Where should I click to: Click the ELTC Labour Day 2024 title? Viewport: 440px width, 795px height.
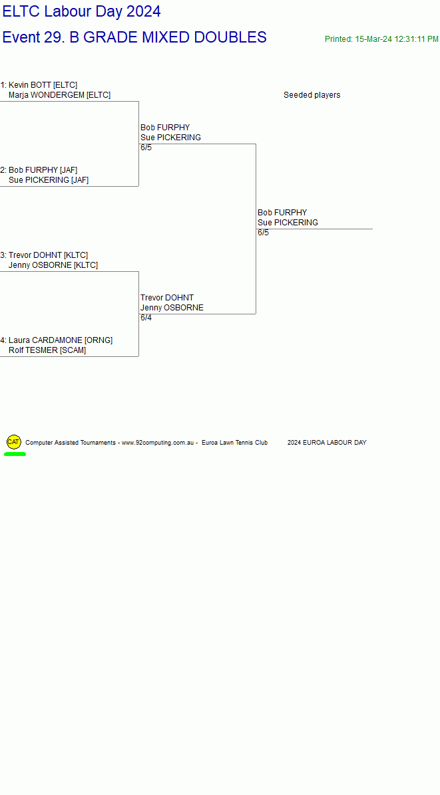pos(82,11)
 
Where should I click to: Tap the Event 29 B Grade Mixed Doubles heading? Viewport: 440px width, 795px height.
pos(134,37)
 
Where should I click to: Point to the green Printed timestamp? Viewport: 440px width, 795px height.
pos(381,39)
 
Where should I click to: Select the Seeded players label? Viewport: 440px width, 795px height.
pos(312,95)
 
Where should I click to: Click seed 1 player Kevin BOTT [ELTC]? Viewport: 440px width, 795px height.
pos(39,84)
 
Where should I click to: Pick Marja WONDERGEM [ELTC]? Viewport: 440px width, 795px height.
pos(59,95)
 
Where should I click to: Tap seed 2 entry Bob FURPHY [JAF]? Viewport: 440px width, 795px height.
pos(39,170)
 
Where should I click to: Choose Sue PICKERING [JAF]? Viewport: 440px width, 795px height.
pos(48,180)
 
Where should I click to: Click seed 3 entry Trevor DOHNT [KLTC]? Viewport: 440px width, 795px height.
pos(44,255)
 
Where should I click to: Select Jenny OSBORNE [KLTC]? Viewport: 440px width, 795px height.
pos(53,265)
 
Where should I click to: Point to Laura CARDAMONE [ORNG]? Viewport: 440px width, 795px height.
pos(57,340)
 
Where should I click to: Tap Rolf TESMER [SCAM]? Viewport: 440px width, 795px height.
pos(47,350)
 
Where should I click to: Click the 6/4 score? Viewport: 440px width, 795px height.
pos(146,318)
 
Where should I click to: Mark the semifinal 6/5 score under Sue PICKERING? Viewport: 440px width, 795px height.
pos(146,148)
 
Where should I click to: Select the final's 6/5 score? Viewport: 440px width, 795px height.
pos(264,233)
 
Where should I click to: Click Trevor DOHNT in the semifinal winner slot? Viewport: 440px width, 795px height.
pos(167,298)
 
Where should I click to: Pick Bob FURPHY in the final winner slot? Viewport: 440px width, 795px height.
pos(282,213)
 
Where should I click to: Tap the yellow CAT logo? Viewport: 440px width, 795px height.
pos(14,442)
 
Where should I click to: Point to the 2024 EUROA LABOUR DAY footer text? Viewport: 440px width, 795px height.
pos(327,443)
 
